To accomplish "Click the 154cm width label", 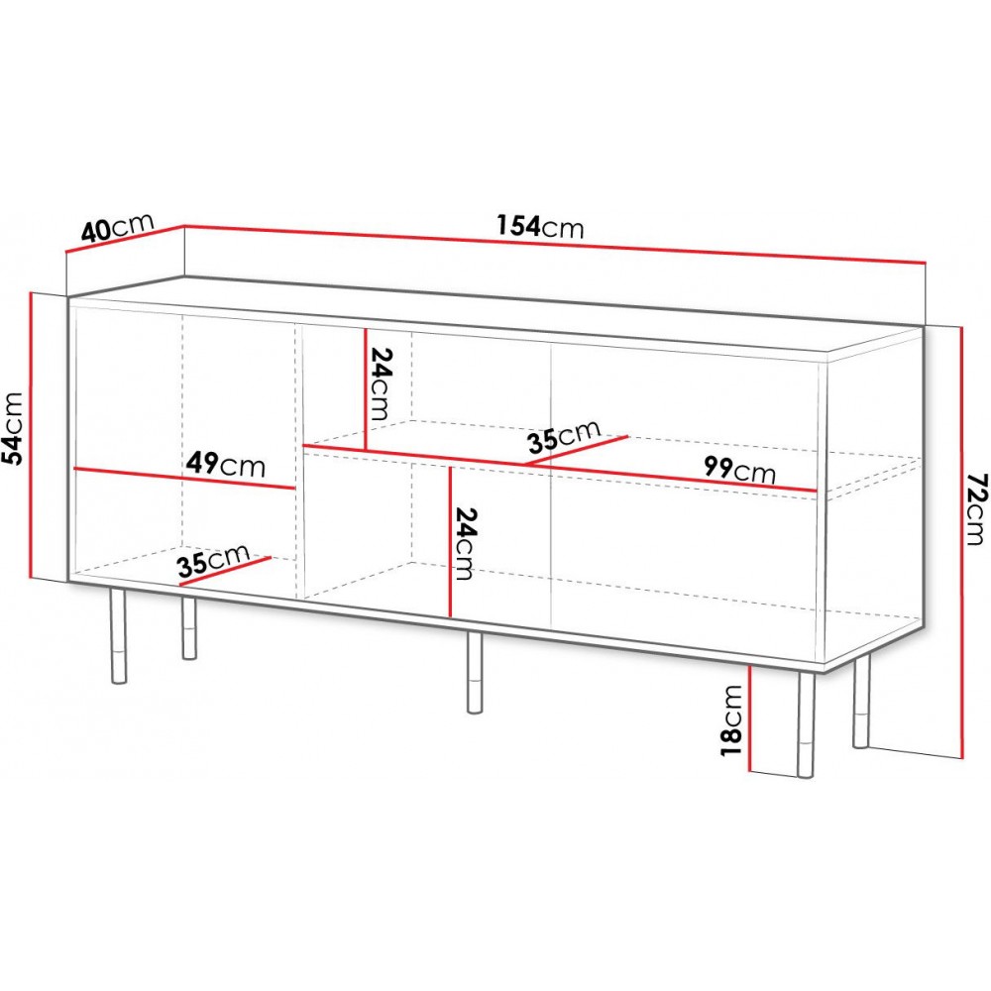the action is pos(540,227).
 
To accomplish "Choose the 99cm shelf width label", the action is pos(739,470).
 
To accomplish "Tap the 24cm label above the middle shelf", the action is pos(381,385).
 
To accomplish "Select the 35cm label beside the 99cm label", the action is pos(564,436).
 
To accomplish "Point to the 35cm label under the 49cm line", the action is pos(213,561).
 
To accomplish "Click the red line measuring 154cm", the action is pos(554,244).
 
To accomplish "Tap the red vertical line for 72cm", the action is pos(962,542).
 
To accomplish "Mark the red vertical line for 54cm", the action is pos(31,435).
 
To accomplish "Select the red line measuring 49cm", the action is pos(184,479).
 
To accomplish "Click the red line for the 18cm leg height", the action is pos(749,718).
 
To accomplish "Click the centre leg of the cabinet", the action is pos(474,672).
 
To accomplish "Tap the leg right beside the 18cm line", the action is pos(806,724).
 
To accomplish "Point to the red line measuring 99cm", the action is pos(560,469).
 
